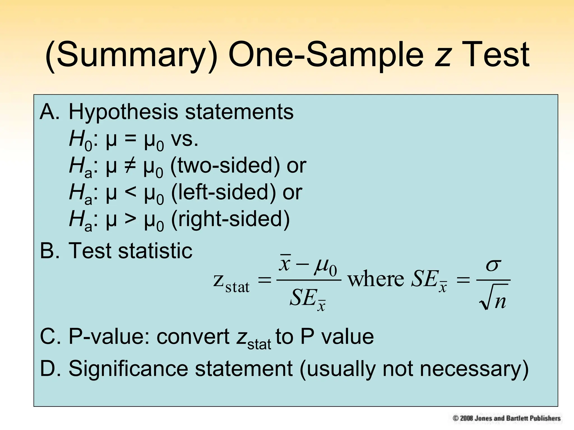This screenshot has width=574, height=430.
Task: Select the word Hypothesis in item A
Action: coord(123,112)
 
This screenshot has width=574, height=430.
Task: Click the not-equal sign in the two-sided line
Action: coord(130,165)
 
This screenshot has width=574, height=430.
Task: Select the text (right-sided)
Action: coord(230,219)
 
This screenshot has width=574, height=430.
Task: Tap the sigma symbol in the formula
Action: coord(493,265)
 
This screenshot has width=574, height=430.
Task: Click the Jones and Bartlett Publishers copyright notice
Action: coord(506,418)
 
